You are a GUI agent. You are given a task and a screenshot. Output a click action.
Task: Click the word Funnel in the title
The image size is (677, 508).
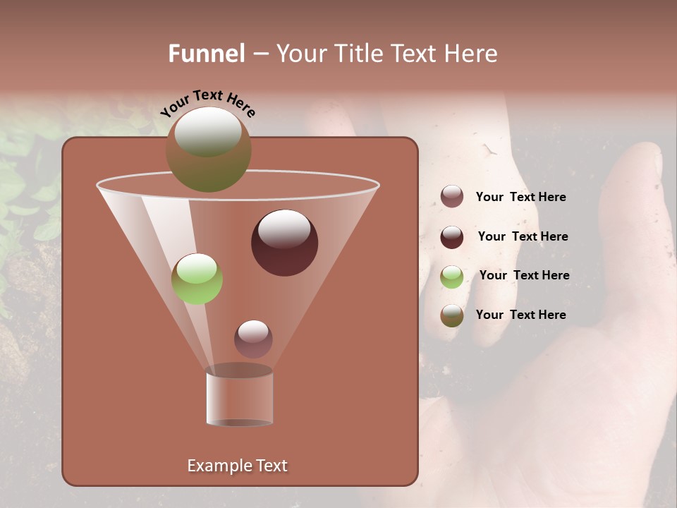tap(206, 54)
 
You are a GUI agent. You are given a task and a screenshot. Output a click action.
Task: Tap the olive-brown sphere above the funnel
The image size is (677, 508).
tap(208, 150)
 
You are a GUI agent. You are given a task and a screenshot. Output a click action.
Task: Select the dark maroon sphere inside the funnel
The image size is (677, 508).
tap(284, 242)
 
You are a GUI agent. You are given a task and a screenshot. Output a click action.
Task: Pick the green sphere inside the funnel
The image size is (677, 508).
tap(197, 279)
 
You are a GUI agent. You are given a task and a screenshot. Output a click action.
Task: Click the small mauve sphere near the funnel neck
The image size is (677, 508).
tap(253, 339)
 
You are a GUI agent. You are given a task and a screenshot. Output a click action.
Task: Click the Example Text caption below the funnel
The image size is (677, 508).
tap(237, 466)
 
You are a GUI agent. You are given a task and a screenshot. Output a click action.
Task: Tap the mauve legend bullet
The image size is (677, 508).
tap(452, 197)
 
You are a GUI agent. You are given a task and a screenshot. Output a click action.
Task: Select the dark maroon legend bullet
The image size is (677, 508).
tap(452, 237)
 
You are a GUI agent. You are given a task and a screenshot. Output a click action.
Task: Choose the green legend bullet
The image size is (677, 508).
tap(452, 277)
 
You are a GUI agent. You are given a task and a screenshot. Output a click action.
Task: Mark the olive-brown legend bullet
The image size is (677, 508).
tap(452, 315)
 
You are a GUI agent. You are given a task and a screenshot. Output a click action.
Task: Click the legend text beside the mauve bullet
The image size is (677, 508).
tap(520, 198)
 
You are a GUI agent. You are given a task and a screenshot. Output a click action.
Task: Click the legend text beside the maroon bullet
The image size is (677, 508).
tap(523, 236)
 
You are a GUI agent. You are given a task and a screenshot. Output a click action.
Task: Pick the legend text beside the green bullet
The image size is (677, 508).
tap(524, 275)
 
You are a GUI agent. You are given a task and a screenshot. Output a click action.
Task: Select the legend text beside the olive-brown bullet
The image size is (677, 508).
tap(520, 315)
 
